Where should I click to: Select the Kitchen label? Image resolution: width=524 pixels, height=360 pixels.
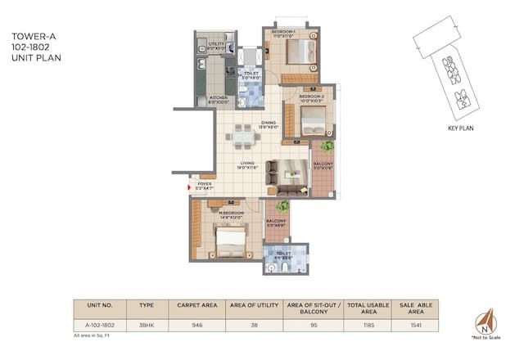pyautogui.click(x=217, y=99)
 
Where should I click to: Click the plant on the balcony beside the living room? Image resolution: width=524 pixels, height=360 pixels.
pyautogui.click(x=327, y=146)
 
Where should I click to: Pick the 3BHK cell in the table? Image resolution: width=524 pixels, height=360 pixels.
pyautogui.click(x=147, y=326)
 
